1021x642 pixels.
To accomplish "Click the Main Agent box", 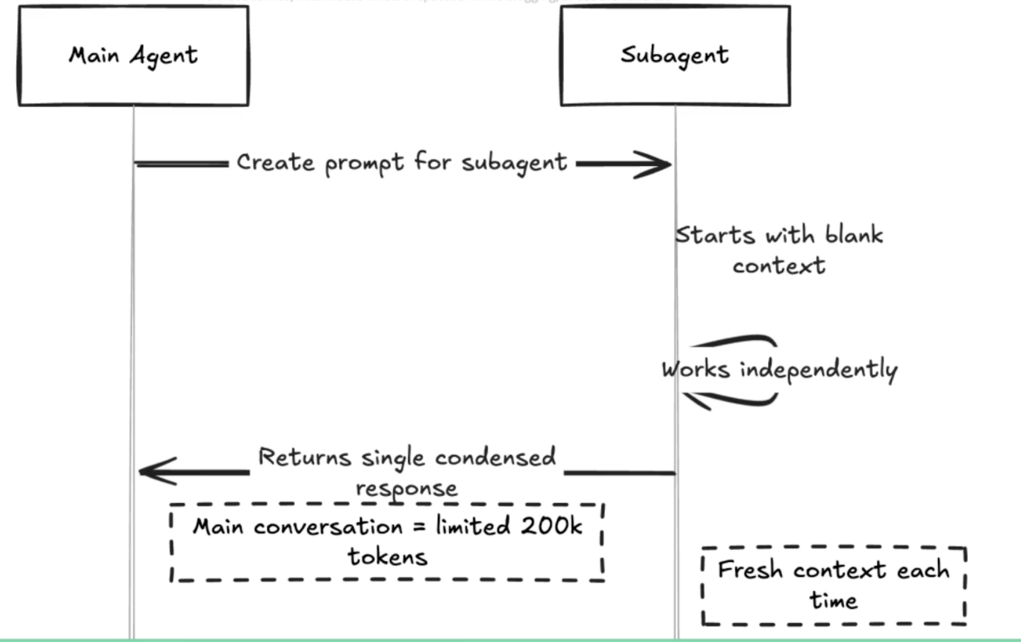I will point(133,55).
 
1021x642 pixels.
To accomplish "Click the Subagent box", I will point(675,55).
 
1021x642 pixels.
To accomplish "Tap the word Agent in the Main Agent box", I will point(164,56).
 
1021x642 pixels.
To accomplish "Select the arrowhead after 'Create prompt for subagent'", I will point(655,164).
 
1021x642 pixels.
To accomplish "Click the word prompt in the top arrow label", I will point(364,164).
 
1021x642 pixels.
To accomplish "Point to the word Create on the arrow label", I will point(275,162).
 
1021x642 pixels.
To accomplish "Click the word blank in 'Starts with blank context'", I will point(854,235).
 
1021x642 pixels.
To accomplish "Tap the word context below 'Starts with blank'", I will point(779,266).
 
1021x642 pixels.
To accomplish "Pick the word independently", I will point(819,369).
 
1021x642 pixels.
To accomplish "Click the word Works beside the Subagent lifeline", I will point(696,369).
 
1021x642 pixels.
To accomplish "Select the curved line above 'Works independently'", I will point(735,340).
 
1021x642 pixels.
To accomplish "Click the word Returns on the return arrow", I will point(304,457).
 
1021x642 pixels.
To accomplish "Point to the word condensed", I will point(495,457).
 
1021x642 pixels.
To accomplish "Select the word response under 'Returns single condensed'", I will point(407,488).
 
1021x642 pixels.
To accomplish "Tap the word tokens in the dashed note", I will point(387,557).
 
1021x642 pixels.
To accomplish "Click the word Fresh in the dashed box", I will point(750,570).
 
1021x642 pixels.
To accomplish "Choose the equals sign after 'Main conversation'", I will point(419,527).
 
